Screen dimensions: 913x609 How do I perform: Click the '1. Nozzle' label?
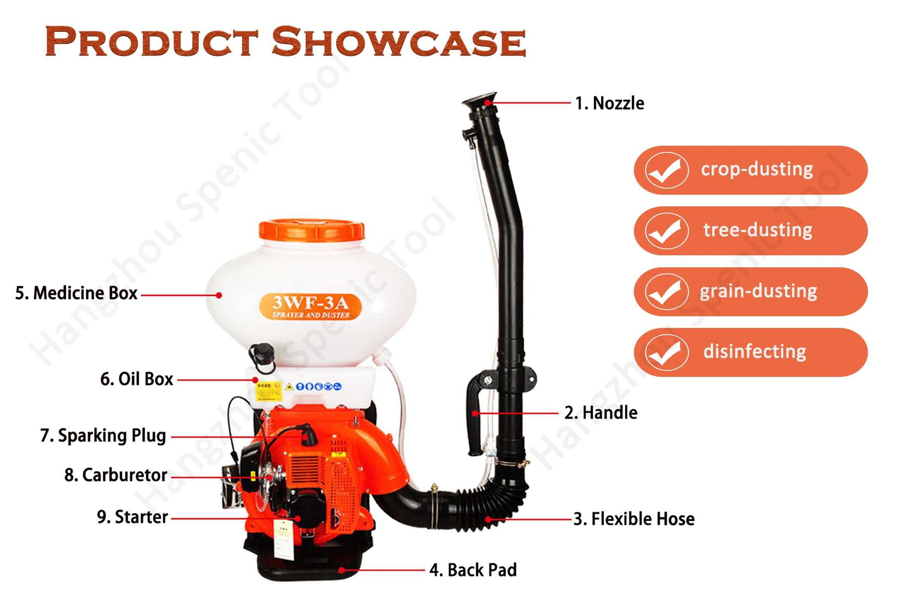[609, 104]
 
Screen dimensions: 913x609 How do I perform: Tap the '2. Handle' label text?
[601, 413]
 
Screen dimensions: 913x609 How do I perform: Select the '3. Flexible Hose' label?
[634, 519]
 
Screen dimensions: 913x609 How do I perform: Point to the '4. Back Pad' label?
[473, 570]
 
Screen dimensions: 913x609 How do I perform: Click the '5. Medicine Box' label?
[76, 293]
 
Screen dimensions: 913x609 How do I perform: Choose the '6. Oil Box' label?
[137, 379]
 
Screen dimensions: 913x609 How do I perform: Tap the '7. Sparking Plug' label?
[103, 435]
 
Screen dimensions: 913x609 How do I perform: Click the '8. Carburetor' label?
[116, 475]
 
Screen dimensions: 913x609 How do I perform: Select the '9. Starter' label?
[132, 517]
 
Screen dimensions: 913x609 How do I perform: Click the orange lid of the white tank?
[312, 230]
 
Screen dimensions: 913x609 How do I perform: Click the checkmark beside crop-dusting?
[666, 170]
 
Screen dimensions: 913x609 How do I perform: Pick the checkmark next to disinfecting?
[666, 352]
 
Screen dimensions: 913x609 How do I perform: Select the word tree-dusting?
[758, 230]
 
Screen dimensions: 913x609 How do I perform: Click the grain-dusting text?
[758, 291]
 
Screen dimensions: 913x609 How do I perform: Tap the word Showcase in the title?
[399, 42]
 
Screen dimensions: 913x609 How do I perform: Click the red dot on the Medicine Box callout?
[219, 295]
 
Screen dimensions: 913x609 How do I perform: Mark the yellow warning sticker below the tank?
[268, 391]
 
